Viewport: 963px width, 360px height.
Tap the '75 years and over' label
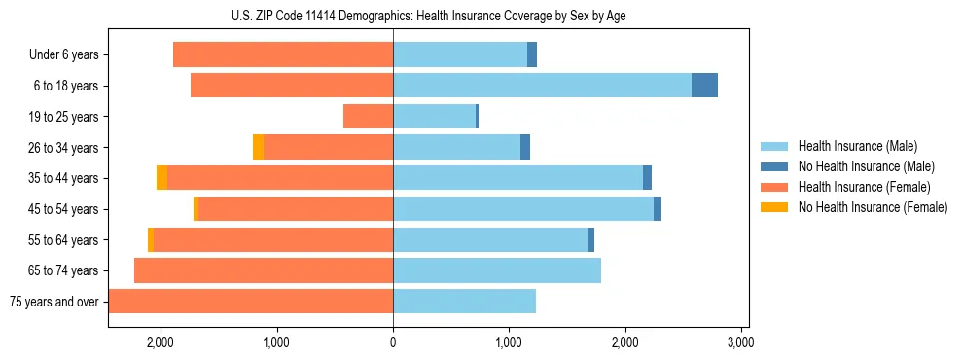[x=54, y=302]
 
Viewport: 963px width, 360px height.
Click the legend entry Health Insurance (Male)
[x=857, y=146]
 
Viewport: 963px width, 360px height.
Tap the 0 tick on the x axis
[x=393, y=342]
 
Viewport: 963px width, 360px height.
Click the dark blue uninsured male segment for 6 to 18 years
[x=704, y=86]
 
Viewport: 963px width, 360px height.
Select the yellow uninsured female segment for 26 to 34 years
[x=258, y=147]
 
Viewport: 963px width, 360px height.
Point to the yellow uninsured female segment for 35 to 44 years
[x=161, y=178]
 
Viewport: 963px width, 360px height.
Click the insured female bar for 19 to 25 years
[x=368, y=117]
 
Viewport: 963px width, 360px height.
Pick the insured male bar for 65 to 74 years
[x=497, y=270]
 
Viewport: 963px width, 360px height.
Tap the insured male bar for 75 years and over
[x=464, y=302]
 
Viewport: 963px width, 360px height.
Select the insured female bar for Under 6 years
[x=283, y=54]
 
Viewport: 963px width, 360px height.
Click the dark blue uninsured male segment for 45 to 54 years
[x=658, y=209]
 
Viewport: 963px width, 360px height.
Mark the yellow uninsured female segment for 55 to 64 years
[x=151, y=239]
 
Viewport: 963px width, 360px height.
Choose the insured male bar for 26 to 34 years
[x=456, y=147]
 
